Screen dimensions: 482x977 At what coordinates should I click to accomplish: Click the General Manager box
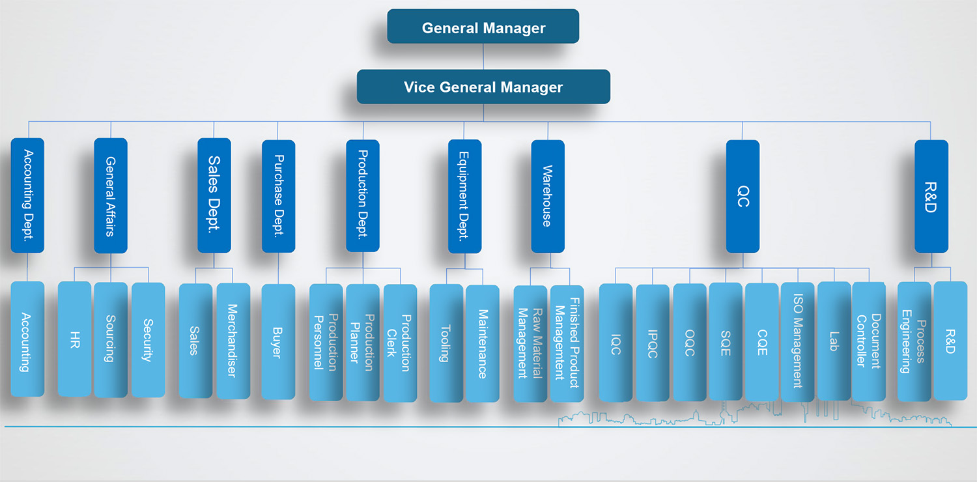483,27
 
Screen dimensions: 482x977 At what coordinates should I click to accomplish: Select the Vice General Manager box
483,87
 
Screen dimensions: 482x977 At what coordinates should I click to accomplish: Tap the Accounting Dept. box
27,195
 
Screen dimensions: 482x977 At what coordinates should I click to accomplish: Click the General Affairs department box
110,195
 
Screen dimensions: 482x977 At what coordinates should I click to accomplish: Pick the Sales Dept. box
214,195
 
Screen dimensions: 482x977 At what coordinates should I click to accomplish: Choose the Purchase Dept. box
278,195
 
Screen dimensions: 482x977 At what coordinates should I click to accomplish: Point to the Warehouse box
547,195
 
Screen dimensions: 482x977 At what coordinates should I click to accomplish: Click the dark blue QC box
743,195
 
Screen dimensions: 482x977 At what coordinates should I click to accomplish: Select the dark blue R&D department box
931,195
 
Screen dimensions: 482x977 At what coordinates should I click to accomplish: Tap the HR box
74,339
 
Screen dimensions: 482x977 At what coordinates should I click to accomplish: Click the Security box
148,339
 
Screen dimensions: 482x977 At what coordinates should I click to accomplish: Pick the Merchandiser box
233,341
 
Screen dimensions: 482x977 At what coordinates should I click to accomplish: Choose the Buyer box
277,341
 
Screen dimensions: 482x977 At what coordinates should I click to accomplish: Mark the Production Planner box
362,342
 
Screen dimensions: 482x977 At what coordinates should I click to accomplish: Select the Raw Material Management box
530,343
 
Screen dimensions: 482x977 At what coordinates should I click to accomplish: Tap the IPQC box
652,343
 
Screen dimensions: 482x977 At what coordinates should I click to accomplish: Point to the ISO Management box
797,342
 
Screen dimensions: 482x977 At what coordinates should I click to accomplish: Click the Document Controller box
869,341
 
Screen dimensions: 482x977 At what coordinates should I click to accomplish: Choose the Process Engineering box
913,341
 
